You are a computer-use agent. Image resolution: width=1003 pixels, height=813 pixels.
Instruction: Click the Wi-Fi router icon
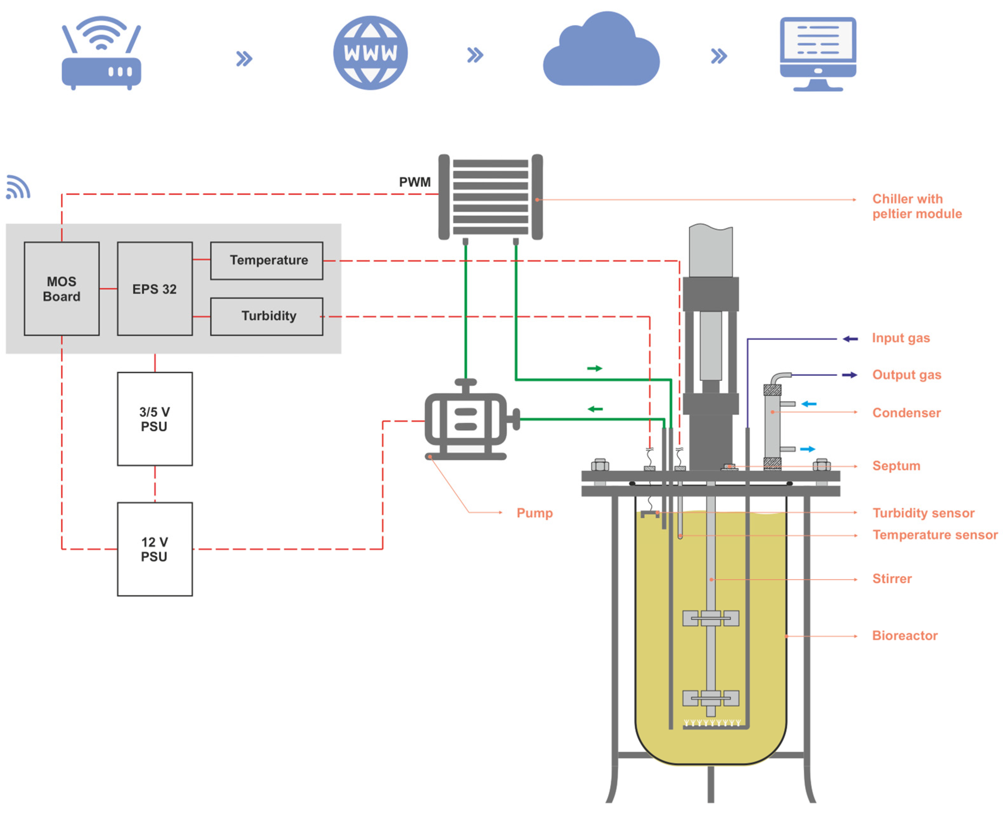[x=101, y=54]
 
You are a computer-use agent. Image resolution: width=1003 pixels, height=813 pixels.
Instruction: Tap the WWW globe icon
[x=370, y=53]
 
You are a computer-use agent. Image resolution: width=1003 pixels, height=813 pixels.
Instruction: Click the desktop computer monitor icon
[x=817, y=53]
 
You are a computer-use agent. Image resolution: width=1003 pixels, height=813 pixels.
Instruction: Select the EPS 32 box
[x=155, y=288]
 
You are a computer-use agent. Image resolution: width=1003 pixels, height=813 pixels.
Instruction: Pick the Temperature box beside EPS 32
[x=267, y=260]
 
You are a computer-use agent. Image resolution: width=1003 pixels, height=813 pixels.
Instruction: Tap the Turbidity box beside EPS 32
[x=267, y=316]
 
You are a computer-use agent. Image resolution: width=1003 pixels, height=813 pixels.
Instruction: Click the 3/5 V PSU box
[x=155, y=419]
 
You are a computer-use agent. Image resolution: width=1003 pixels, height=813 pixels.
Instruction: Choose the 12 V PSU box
[x=155, y=549]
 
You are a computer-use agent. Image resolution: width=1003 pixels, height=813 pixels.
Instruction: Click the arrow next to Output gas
[x=849, y=375]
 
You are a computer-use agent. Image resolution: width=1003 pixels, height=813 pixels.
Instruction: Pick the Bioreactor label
[x=904, y=636]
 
